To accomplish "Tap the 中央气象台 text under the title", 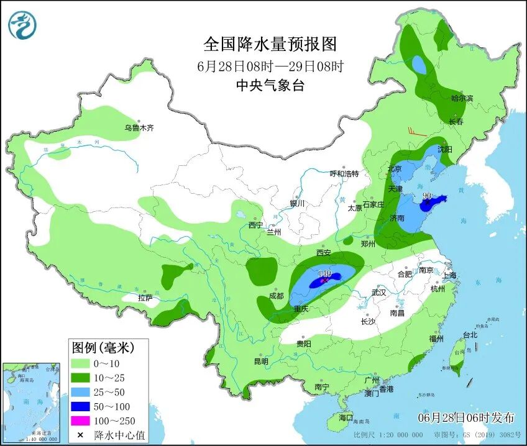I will tap(270, 86).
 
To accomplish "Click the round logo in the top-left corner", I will tap(22, 25).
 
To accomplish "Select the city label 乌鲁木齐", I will tap(138, 128).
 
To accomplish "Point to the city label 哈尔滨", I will tap(462, 98).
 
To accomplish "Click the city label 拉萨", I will tap(145, 297).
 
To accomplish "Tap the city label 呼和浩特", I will tap(344, 173).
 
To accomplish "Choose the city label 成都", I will tap(277, 296).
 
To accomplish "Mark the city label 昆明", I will tap(260, 361).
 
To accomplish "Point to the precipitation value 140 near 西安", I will tap(324, 273).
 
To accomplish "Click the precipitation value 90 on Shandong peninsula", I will tap(427, 196).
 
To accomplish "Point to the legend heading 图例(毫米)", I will tap(102, 347).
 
